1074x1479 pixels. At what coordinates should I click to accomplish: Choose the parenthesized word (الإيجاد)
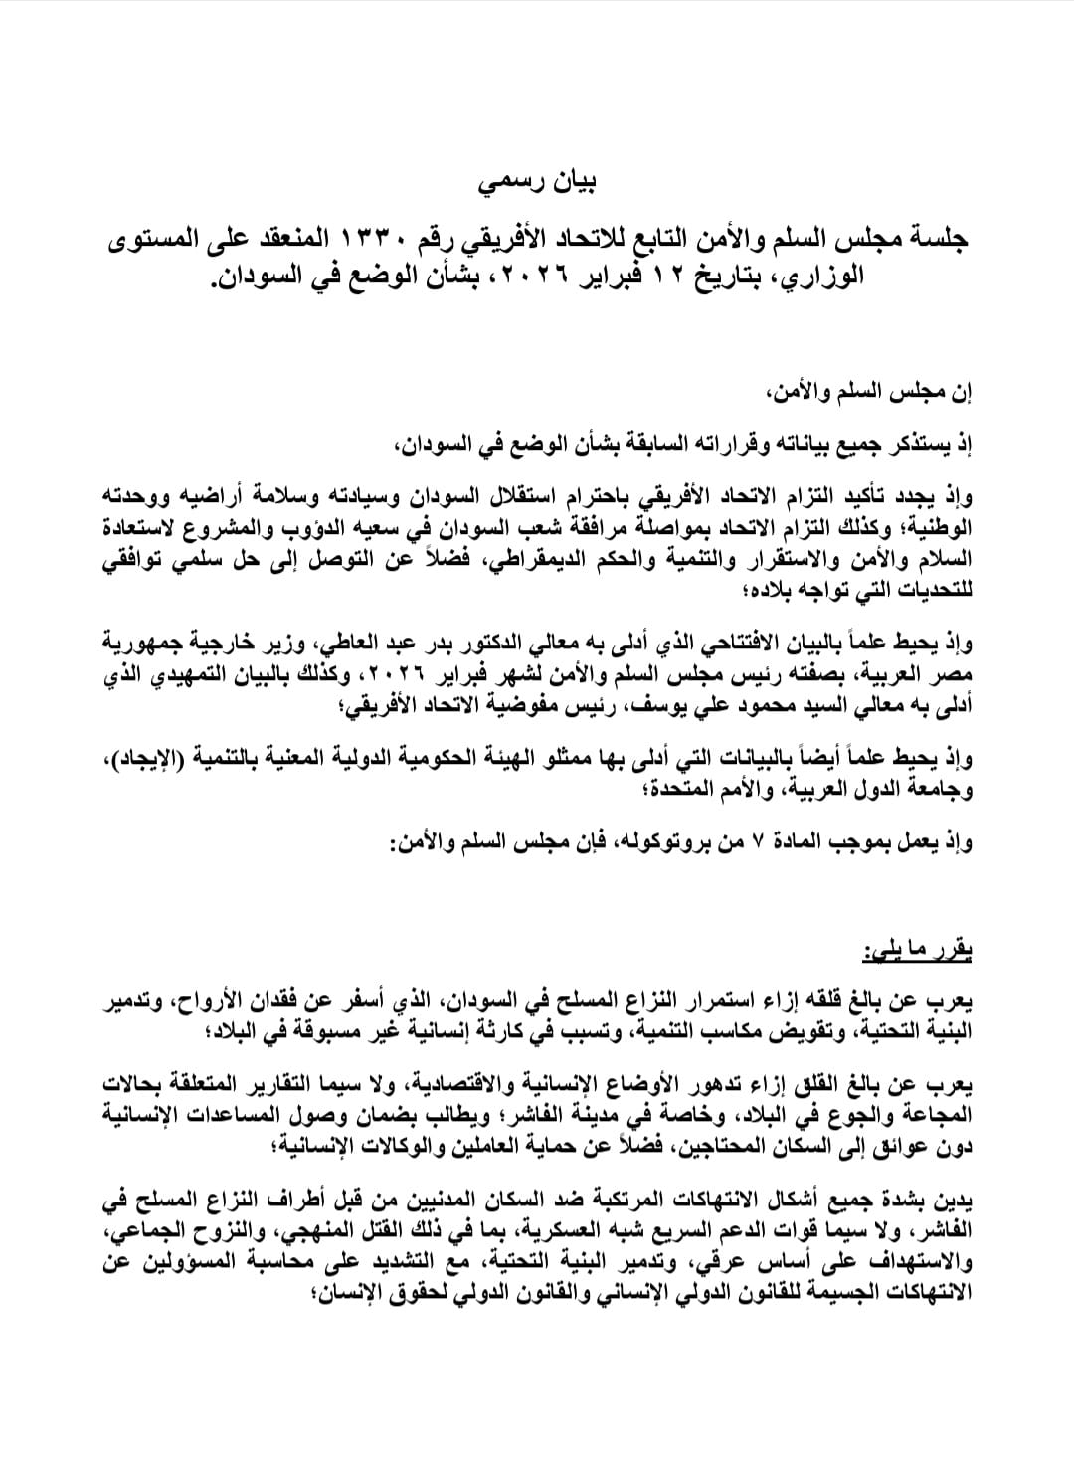point(144,759)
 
